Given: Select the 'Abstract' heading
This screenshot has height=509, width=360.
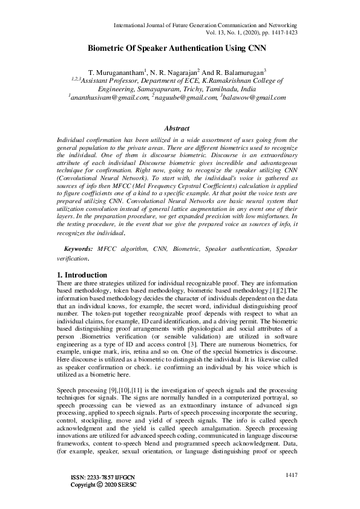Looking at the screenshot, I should pyautogui.click(x=177, y=128).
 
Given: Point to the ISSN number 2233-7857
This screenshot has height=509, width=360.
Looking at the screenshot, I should pyautogui.click(x=100, y=494).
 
